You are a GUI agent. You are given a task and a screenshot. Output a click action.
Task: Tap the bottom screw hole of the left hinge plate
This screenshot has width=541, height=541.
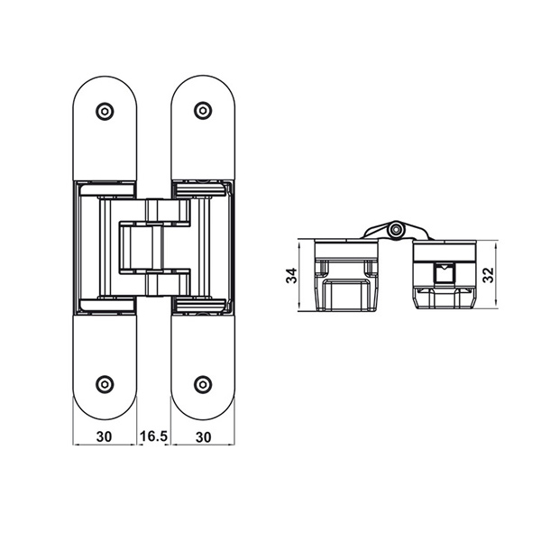pyautogui.click(x=105, y=383)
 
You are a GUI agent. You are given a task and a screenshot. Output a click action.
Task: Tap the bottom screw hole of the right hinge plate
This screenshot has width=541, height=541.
pyautogui.click(x=203, y=383)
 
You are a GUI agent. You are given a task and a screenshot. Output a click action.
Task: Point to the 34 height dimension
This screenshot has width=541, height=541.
pyautogui.click(x=291, y=275)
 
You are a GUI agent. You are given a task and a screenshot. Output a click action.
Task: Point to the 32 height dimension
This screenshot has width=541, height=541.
pyautogui.click(x=488, y=275)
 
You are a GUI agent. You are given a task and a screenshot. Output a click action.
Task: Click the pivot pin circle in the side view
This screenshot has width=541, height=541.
pyautogui.click(x=394, y=232)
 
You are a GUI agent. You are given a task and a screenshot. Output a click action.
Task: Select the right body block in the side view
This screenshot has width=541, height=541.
pyautogui.click(x=441, y=275)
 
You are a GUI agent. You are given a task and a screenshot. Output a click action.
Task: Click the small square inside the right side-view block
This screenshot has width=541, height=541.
pyautogui.click(x=443, y=272)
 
